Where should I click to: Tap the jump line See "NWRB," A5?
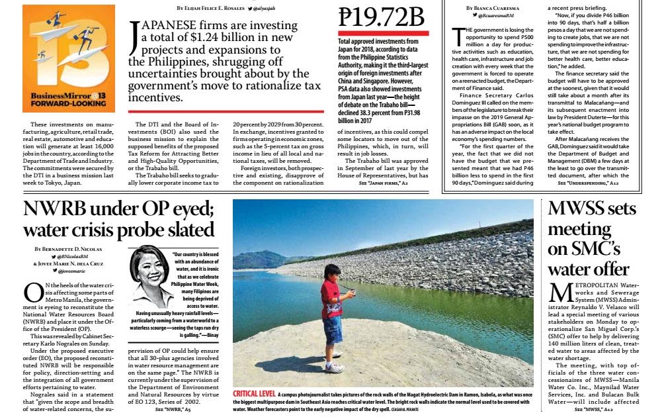pos(173,410)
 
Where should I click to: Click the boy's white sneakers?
pos(334,367)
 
